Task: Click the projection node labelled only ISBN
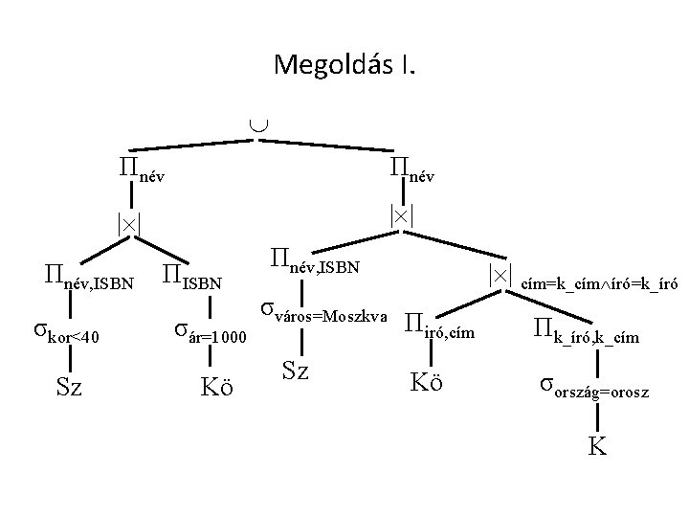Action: tap(191, 280)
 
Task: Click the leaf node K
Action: tap(597, 445)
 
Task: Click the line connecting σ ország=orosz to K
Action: tap(596, 418)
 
